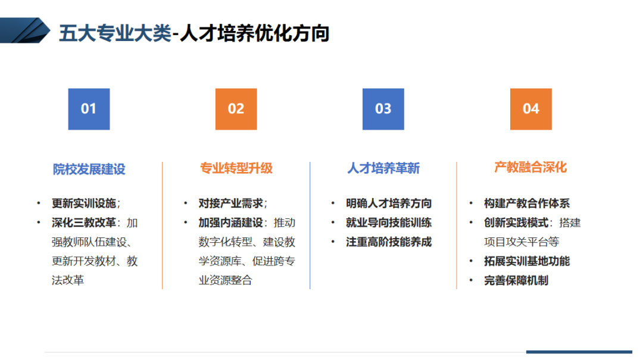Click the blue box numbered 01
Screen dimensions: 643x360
(x=89, y=109)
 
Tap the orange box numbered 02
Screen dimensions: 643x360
(x=236, y=109)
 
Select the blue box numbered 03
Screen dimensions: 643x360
(x=383, y=109)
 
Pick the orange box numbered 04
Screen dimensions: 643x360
(x=531, y=109)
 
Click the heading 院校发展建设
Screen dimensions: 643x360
(x=89, y=169)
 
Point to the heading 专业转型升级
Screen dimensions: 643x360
(x=236, y=168)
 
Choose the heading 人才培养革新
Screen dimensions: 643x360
(x=383, y=168)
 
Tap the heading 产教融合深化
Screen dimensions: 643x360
(x=530, y=167)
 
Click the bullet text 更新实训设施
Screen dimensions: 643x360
(x=84, y=204)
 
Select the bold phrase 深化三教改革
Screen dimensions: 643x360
(x=84, y=223)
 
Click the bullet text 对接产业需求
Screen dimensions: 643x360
(x=231, y=204)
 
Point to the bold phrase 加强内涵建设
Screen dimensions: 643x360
(x=231, y=223)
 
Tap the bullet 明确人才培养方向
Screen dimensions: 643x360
(x=389, y=204)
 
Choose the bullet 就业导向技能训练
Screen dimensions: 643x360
(x=389, y=223)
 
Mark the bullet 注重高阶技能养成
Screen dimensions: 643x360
(x=389, y=242)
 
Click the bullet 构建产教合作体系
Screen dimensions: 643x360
(x=527, y=204)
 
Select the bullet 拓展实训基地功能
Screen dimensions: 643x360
(x=527, y=261)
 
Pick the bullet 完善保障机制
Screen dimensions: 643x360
(x=516, y=280)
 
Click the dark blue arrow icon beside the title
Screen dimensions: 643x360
(x=24, y=30)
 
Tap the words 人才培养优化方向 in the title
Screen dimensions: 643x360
(x=255, y=33)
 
